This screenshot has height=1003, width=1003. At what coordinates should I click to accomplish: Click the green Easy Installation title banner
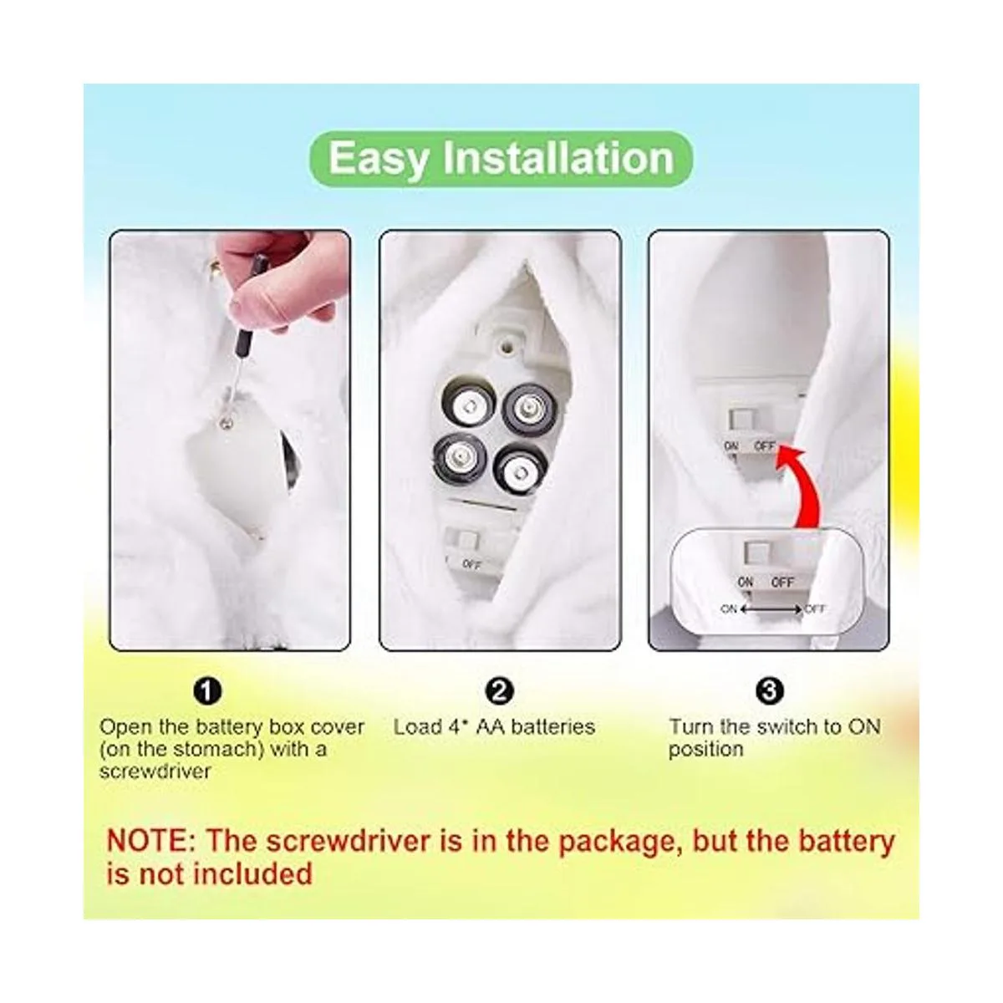pos(501,159)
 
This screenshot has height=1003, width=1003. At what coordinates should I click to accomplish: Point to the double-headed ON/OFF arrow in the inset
pos(771,609)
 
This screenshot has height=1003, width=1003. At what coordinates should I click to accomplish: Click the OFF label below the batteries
pos(471,564)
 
